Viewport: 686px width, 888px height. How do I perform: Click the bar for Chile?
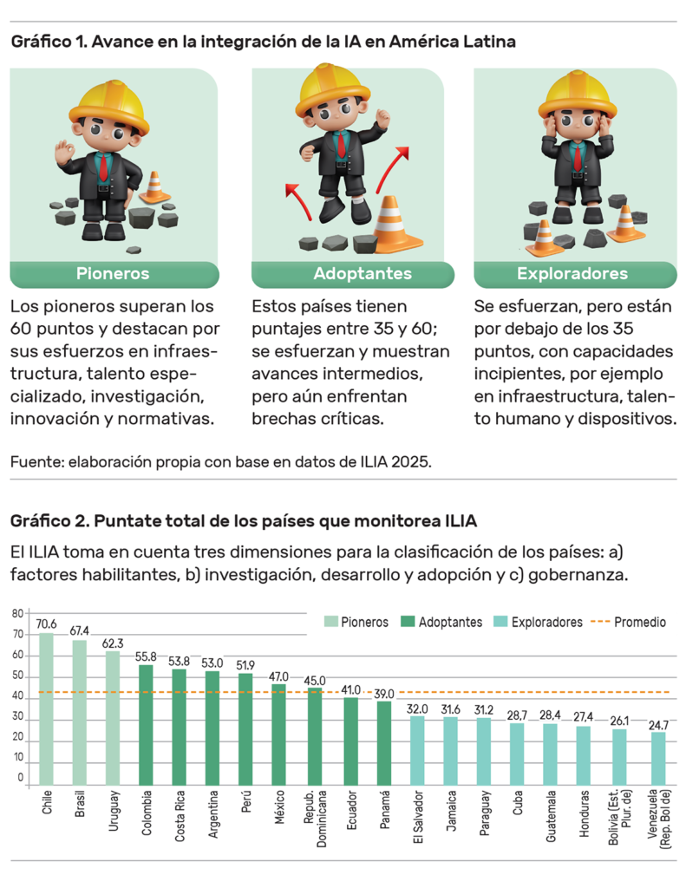click(x=46, y=707)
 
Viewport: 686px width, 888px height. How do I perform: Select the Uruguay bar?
click(x=113, y=716)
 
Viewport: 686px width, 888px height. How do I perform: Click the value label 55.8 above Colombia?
click(x=146, y=657)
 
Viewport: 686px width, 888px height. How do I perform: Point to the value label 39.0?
click(x=384, y=694)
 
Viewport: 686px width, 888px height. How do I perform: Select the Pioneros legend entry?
click(x=356, y=622)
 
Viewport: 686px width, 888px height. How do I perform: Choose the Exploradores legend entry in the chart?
click(x=538, y=622)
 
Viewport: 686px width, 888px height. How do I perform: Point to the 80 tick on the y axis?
click(x=17, y=614)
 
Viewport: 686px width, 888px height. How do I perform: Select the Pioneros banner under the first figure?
click(x=113, y=274)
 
